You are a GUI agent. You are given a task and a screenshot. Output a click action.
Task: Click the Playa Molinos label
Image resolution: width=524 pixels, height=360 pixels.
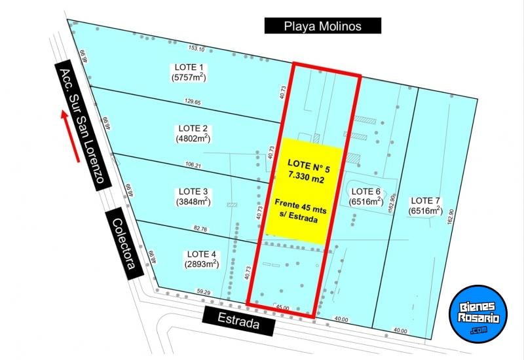pyautogui.click(x=322, y=26)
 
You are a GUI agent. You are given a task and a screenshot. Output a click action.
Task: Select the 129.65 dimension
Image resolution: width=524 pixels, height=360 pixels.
pyautogui.click(x=193, y=102)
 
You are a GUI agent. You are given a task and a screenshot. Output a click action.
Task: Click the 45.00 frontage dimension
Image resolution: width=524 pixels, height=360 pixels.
pyautogui.click(x=282, y=307)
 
